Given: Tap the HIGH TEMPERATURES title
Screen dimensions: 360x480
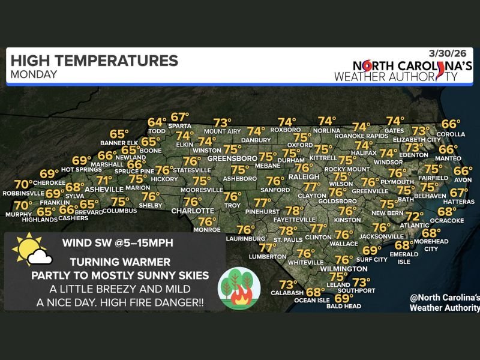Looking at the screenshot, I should click(x=94, y=61).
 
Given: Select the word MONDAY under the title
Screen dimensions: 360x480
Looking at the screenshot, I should click(x=34, y=75).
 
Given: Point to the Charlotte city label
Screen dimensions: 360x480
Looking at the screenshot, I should click(x=193, y=211).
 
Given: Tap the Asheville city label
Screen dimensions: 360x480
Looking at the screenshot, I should click(x=104, y=189).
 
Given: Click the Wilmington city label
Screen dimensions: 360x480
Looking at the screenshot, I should click(x=344, y=269).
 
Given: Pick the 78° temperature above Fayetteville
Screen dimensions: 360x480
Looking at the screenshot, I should click(x=295, y=211).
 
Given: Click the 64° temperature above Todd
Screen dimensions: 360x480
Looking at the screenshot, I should click(x=157, y=122).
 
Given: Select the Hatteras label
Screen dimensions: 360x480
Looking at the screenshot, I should click(x=459, y=203).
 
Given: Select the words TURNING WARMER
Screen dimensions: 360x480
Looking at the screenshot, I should click(x=120, y=262).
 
